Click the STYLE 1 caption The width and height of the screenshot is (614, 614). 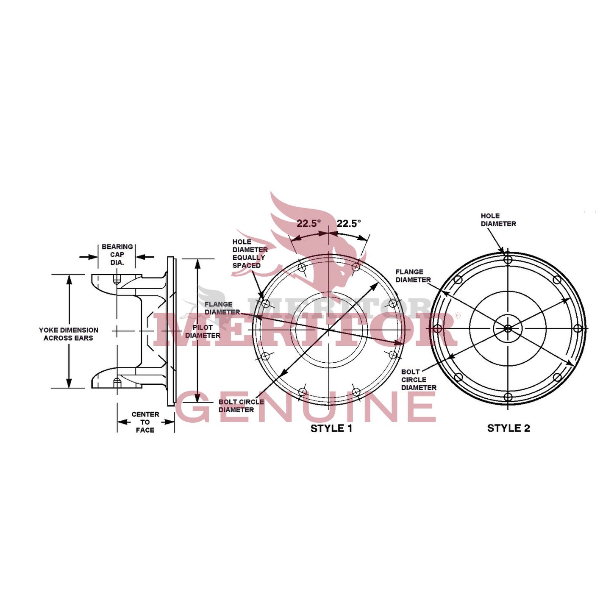pyautogui.click(x=331, y=428)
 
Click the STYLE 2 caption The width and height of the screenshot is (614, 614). pyautogui.click(x=508, y=428)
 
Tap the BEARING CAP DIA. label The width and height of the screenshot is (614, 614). pyautogui.click(x=117, y=255)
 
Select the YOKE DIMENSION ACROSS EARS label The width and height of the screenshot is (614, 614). pyautogui.click(x=69, y=334)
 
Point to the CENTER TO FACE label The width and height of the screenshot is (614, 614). pyautogui.click(x=145, y=422)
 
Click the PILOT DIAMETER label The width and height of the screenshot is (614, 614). pyautogui.click(x=203, y=331)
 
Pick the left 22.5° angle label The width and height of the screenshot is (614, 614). pyautogui.click(x=309, y=223)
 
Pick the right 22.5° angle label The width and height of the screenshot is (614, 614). pyautogui.click(x=349, y=223)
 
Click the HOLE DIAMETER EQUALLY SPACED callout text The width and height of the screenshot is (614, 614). pyautogui.click(x=250, y=254)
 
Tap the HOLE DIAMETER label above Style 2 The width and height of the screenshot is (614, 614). pyautogui.click(x=498, y=220)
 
